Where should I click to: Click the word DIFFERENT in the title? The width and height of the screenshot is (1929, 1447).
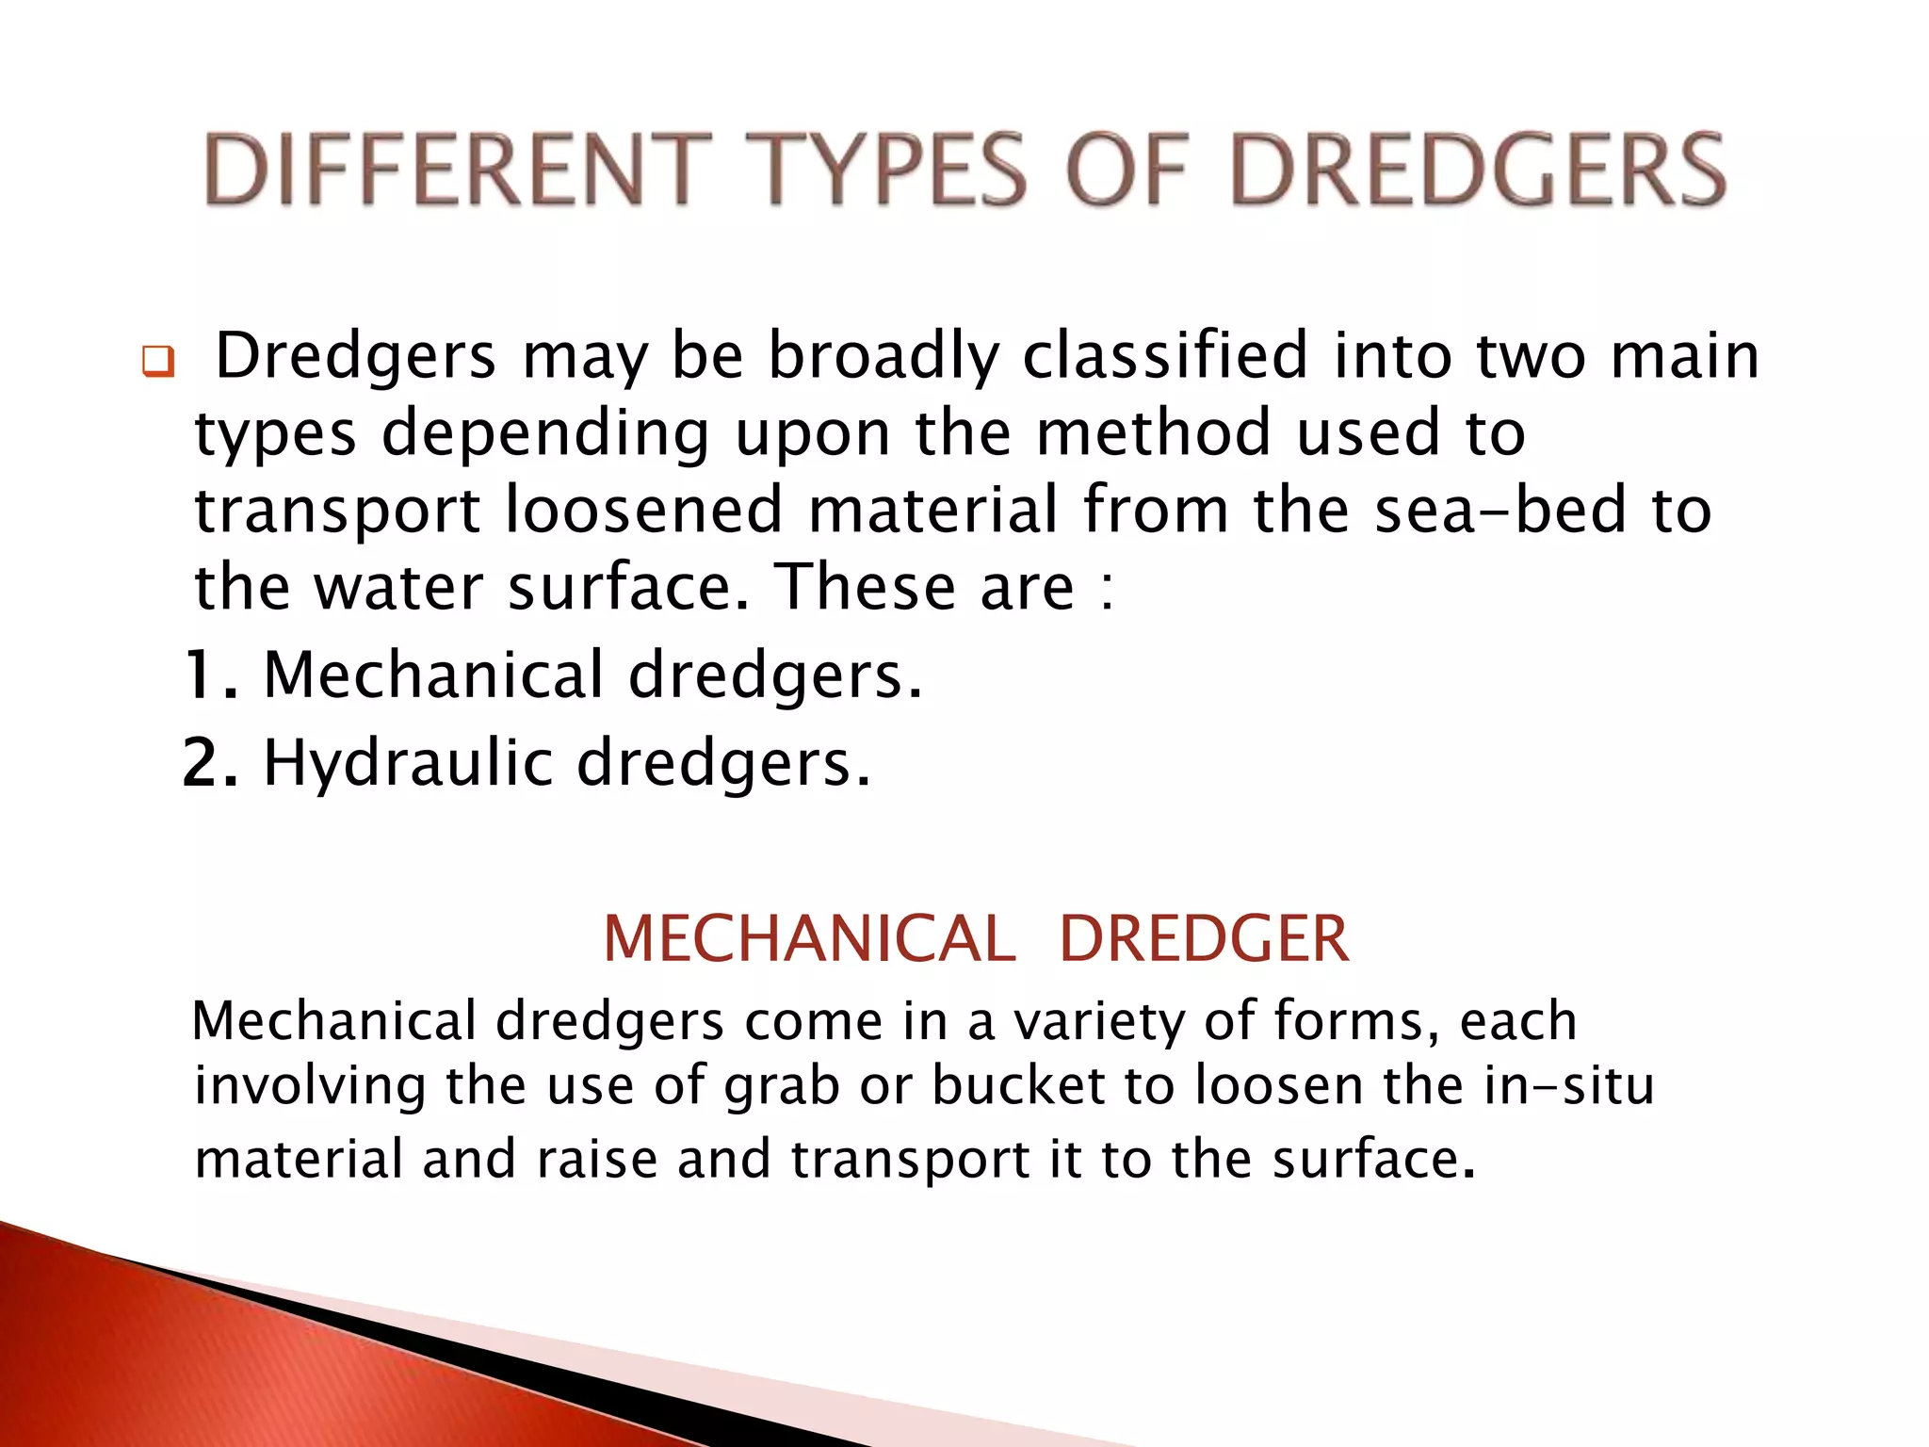458,170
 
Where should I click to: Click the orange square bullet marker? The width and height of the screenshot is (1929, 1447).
158,363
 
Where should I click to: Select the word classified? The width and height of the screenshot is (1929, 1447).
1165,356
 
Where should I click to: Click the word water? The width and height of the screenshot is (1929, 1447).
397,587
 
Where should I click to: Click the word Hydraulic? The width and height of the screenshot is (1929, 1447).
407,764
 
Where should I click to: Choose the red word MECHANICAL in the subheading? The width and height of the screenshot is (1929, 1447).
809,939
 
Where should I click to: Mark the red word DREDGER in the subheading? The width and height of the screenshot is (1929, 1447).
1204,939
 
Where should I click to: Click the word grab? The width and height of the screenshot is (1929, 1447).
781,1087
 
